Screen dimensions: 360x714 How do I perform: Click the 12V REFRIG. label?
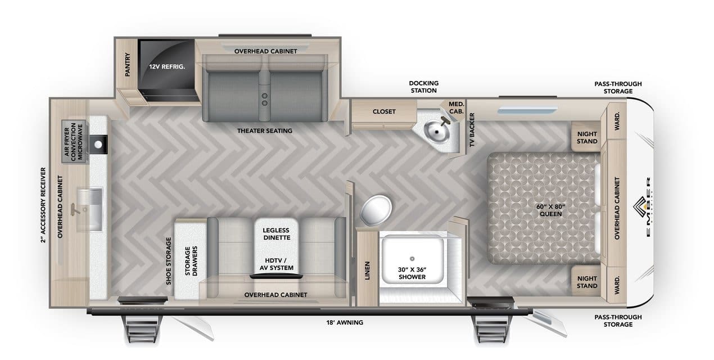click(167, 66)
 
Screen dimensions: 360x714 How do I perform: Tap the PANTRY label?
click(128, 65)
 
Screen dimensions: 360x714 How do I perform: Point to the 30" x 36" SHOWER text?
click(412, 273)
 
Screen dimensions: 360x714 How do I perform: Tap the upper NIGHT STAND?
click(587, 137)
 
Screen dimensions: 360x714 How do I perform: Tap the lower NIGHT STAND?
click(587, 282)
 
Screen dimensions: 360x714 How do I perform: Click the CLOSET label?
click(384, 111)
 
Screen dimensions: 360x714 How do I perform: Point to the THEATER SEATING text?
click(264, 131)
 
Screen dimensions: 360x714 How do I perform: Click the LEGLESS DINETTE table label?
click(276, 234)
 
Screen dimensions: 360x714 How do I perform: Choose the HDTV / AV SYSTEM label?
click(276, 263)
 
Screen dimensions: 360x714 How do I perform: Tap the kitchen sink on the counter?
click(91, 199)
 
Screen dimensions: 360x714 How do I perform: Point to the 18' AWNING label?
click(344, 322)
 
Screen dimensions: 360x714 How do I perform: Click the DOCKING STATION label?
click(423, 87)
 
